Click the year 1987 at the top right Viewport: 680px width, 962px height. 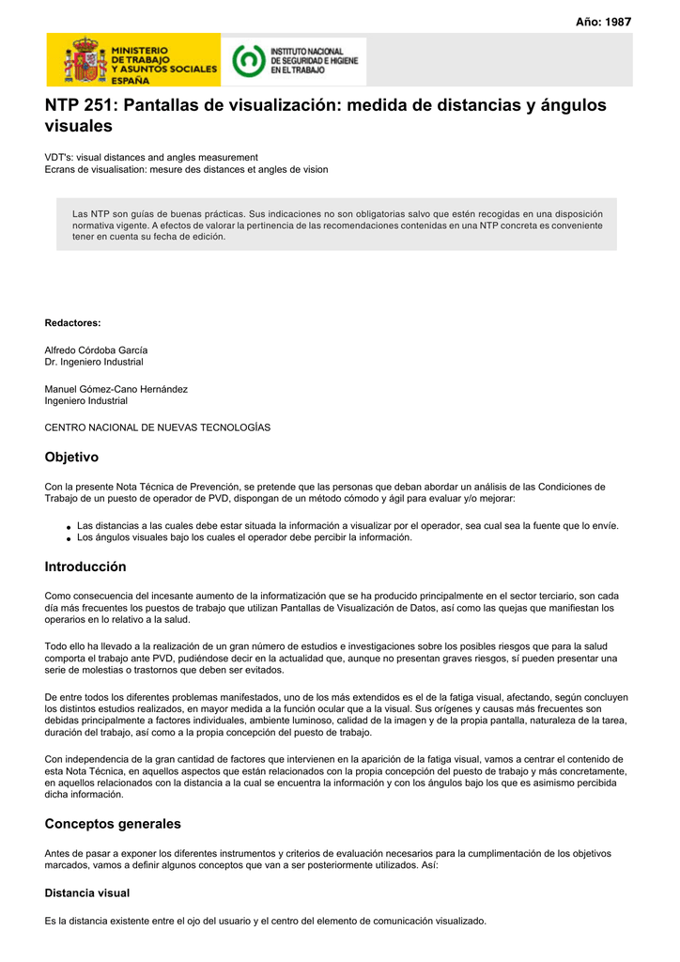[617, 22]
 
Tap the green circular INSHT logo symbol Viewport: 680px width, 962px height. [248, 60]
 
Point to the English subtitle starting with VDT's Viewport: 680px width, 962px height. [151, 157]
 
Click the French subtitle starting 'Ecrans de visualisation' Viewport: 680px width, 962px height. [186, 169]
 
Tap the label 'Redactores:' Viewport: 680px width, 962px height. [72, 322]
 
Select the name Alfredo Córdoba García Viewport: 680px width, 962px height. [96, 349]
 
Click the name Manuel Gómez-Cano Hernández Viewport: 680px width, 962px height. [116, 389]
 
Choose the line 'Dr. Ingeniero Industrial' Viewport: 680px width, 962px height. [94, 362]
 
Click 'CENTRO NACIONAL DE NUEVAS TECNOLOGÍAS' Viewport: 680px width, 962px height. [157, 427]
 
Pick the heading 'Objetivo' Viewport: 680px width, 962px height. [71, 457]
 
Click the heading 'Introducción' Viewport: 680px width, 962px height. [85, 566]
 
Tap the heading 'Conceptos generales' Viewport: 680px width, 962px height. [113, 824]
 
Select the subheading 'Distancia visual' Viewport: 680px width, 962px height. [87, 892]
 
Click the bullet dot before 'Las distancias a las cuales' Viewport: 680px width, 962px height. [69, 528]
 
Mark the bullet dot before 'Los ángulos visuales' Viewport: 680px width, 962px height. [69, 539]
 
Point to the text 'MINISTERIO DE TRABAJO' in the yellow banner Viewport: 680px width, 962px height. [140, 54]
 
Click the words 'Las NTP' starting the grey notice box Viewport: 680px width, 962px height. [90, 214]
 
